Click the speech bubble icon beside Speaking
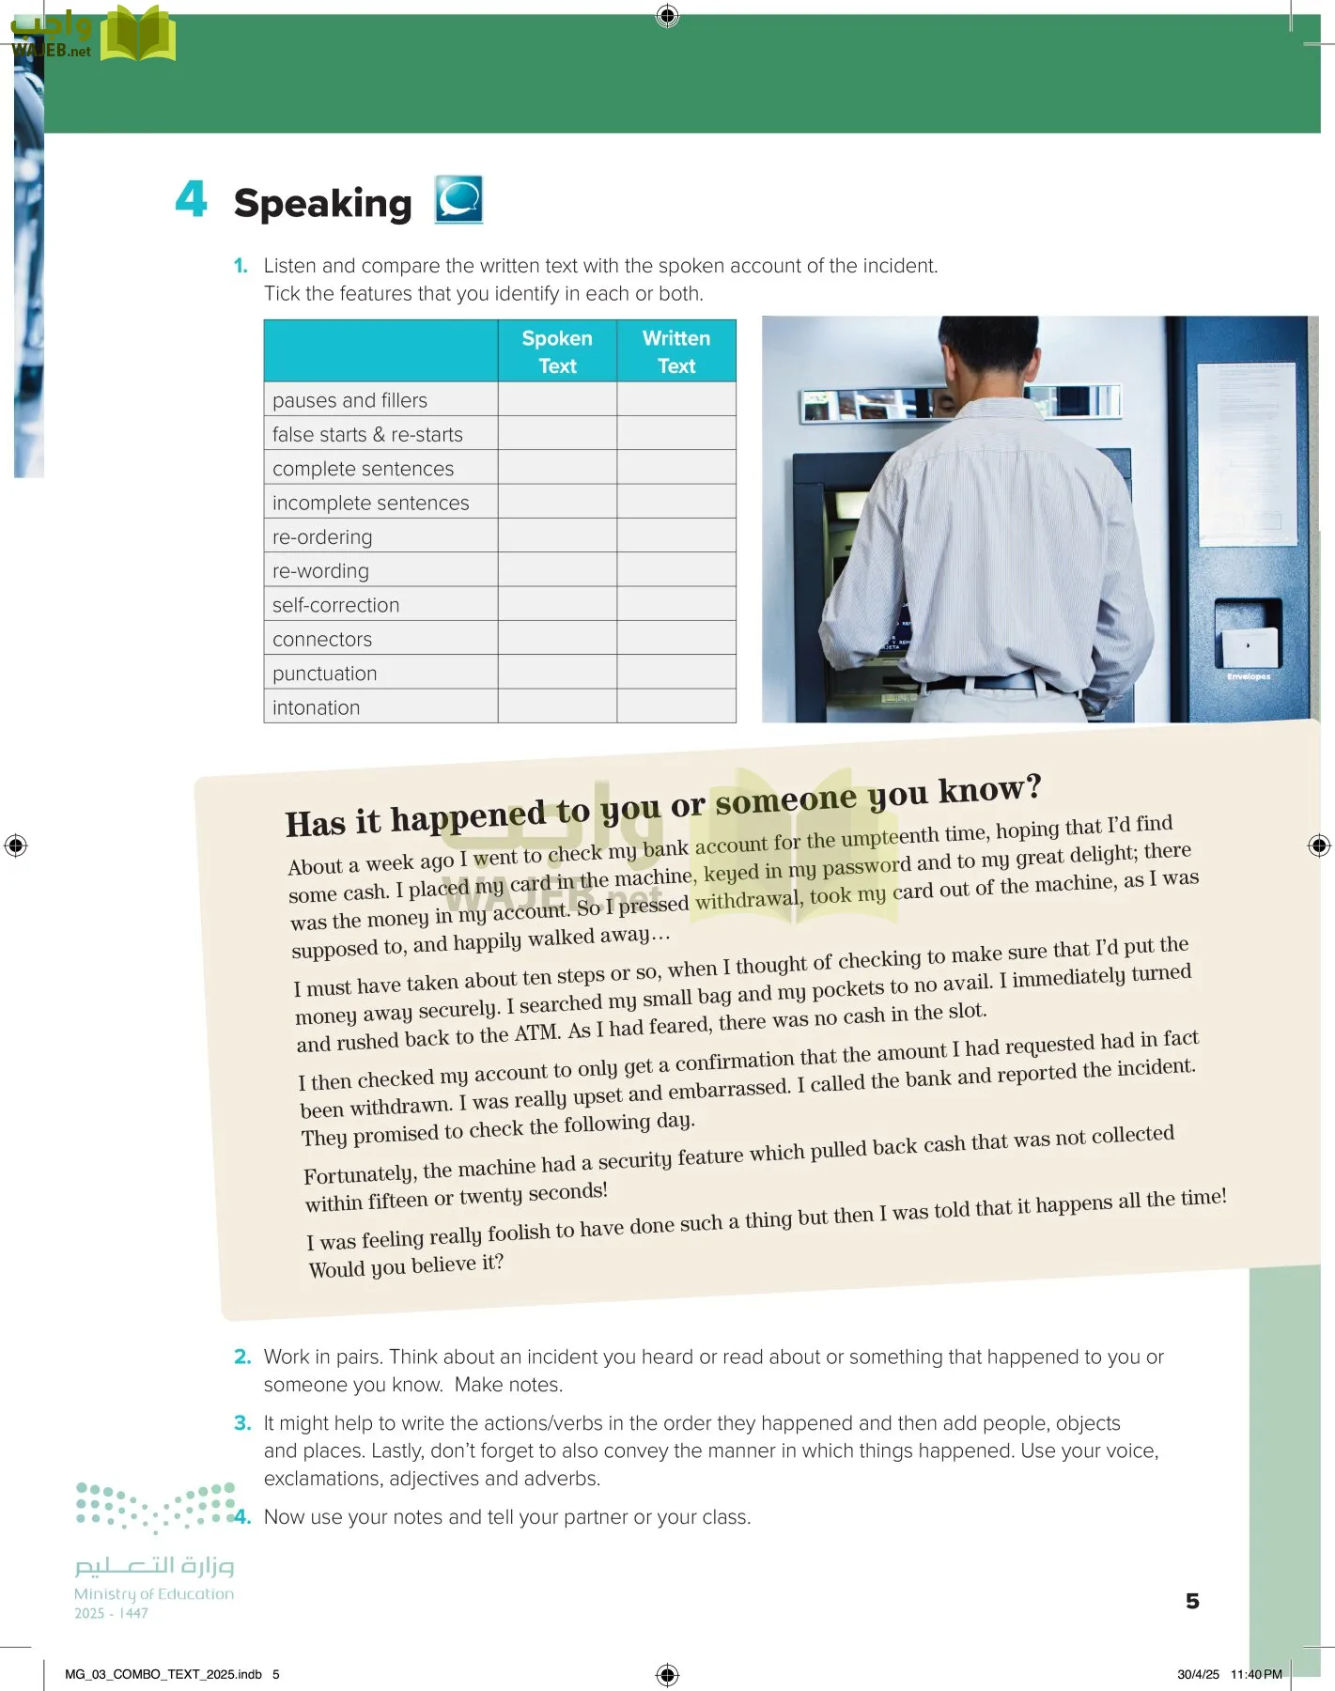click(x=458, y=199)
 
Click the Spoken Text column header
click(x=557, y=351)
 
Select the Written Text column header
click(x=676, y=351)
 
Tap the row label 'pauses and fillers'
click(x=349, y=400)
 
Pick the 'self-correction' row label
click(x=335, y=605)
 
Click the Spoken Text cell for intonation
click(x=557, y=706)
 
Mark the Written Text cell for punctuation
click(x=676, y=673)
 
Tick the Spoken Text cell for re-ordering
click(x=557, y=536)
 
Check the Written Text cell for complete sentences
click(x=676, y=468)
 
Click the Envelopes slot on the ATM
click(x=1247, y=647)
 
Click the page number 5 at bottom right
click(x=1192, y=1601)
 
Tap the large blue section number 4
click(x=191, y=199)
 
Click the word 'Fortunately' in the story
click(x=358, y=1174)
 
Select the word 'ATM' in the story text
click(x=537, y=1033)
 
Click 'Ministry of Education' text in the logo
click(x=154, y=1593)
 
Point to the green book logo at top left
click(x=138, y=34)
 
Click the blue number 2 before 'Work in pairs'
click(x=242, y=1357)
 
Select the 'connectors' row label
click(x=322, y=639)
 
